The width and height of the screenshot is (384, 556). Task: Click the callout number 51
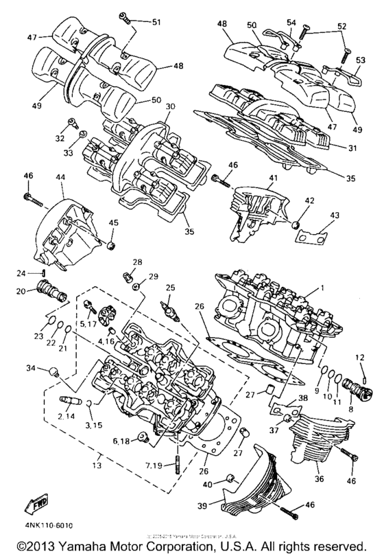pos(156,23)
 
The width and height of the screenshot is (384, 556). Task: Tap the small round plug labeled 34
pos(52,372)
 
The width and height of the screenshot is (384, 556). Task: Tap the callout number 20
pos(21,291)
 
